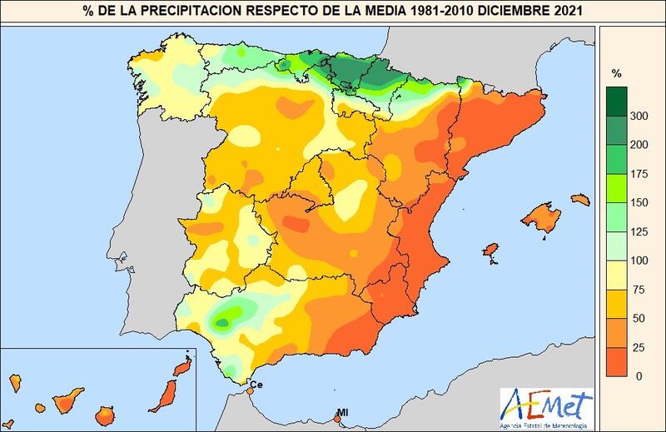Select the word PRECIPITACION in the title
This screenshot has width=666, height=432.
pyautogui.click(x=197, y=12)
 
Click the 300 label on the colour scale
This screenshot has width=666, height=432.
pyautogui.click(x=639, y=117)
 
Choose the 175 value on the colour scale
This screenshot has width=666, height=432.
pyautogui.click(x=639, y=174)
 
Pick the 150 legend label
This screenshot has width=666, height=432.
pyautogui.click(x=639, y=203)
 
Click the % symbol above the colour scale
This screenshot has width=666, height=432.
pyautogui.click(x=617, y=73)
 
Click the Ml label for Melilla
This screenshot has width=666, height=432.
pyautogui.click(x=342, y=413)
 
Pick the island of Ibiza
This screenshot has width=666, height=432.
pyautogui.click(x=491, y=251)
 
